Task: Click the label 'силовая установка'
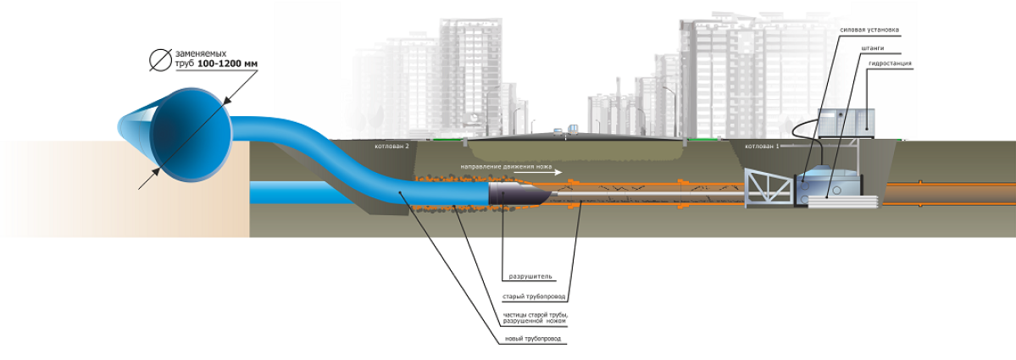tap(869, 30)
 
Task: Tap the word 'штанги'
tap(874, 48)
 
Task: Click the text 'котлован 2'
tap(392, 147)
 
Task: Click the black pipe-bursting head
tap(516, 196)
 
